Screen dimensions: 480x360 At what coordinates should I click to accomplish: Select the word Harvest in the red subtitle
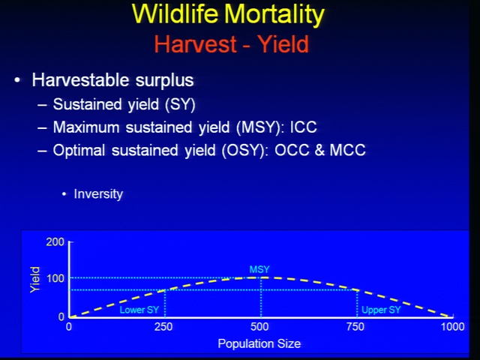point(195,44)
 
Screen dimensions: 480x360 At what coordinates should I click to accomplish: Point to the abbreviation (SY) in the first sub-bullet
point(180,105)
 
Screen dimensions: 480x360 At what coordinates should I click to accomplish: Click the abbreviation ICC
point(303,127)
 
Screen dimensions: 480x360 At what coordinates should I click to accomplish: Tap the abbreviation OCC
point(292,150)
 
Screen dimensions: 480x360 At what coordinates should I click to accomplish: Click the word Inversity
point(98,194)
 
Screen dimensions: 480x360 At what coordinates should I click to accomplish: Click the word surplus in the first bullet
point(164,81)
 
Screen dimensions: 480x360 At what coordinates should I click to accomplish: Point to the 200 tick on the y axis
point(55,241)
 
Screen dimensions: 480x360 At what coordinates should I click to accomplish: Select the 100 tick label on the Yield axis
point(55,278)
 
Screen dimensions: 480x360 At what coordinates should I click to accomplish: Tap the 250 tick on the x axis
point(163,327)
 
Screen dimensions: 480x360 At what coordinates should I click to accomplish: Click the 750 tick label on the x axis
point(355,327)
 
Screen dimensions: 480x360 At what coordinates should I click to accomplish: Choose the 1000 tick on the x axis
point(453,327)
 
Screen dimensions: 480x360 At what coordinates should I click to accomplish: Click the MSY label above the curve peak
point(259,269)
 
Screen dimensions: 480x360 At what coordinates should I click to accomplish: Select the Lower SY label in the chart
point(139,310)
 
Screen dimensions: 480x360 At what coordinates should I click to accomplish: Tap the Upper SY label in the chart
point(381,310)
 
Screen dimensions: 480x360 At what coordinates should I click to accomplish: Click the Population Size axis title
point(259,343)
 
